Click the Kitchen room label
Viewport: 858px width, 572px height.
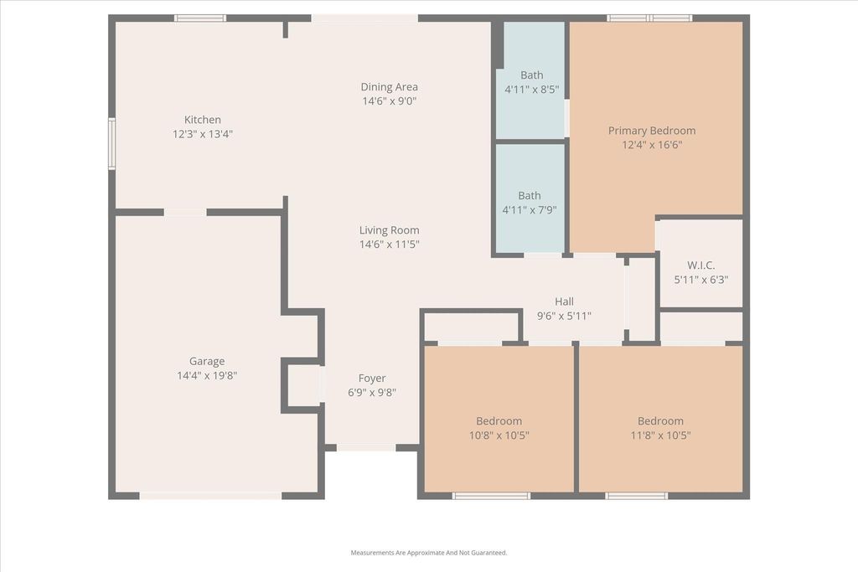203,120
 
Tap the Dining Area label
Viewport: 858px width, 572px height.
389,87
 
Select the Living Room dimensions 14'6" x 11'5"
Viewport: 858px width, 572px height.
389,245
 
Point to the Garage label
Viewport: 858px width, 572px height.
207,362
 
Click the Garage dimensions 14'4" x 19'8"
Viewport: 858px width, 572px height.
207,376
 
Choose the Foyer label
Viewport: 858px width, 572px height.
372,379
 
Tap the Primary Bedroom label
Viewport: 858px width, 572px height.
652,131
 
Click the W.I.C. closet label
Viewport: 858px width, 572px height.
701,265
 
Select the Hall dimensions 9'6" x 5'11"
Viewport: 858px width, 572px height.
564,316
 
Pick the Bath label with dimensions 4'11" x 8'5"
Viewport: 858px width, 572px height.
532,75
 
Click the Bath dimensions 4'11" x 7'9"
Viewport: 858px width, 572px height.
530,209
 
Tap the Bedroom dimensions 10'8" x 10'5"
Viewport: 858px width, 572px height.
499,435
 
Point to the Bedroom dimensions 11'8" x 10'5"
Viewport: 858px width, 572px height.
660,435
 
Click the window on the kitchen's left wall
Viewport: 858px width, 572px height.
111,144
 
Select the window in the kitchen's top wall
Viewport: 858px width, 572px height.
200,18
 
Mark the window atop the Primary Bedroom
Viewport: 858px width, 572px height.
649,18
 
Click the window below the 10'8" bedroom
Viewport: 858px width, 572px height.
491,496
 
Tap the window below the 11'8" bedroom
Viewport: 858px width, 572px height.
637,496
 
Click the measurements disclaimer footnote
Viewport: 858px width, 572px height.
429,553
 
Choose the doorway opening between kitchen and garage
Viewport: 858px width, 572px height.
185,212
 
